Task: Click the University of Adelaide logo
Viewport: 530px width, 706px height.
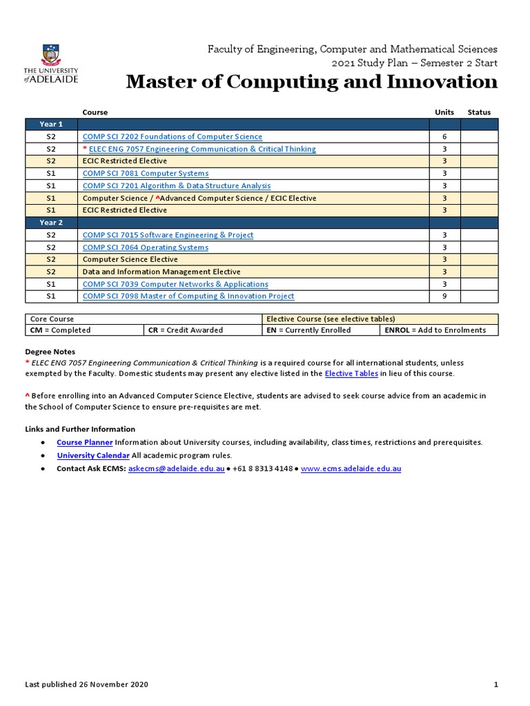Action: (50, 63)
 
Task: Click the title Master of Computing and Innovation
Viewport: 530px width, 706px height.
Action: (311, 82)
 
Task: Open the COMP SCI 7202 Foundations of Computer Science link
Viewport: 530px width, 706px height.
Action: (172, 137)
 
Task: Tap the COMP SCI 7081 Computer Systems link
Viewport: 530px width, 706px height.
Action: (145, 174)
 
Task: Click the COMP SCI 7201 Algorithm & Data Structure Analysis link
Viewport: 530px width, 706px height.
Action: (176, 185)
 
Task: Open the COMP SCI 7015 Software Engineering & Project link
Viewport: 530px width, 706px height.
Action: (168, 235)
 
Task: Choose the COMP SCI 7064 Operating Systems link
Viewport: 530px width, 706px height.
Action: (145, 248)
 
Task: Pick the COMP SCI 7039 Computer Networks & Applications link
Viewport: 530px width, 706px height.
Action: (175, 284)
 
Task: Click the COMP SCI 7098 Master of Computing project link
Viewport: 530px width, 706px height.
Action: (188, 296)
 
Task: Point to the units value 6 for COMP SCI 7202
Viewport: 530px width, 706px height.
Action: (444, 137)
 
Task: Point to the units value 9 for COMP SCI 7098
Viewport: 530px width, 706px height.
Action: (444, 296)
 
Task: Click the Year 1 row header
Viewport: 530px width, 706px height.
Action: (51, 124)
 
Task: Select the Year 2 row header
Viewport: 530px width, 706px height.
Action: (51, 223)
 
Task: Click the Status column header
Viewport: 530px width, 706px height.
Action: (479, 112)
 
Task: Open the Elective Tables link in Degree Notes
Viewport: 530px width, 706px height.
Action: (351, 374)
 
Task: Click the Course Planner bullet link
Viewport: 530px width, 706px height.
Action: (84, 443)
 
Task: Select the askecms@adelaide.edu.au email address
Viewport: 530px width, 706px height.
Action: (177, 469)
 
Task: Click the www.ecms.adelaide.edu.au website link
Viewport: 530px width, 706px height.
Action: (351, 469)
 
